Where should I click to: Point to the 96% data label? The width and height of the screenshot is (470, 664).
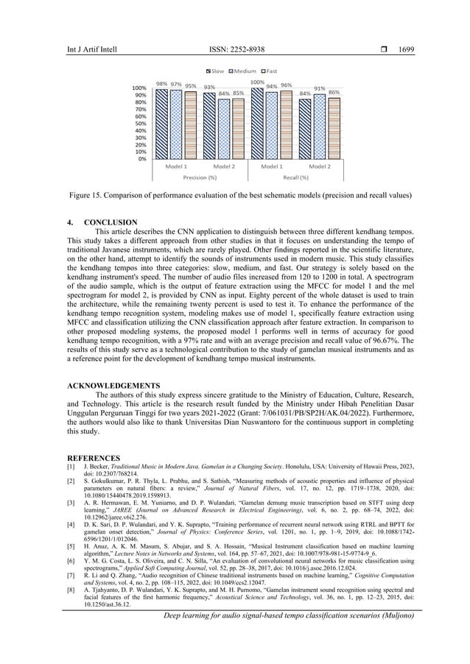pos(286,85)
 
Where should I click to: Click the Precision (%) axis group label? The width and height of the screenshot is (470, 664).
pos(200,177)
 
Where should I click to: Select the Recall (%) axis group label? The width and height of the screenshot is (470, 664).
pos(295,177)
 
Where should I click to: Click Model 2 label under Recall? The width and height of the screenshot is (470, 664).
pos(320,167)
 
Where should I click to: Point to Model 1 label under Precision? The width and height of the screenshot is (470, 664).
pos(175,167)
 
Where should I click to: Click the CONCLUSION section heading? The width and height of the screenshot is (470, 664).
pos(111,222)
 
